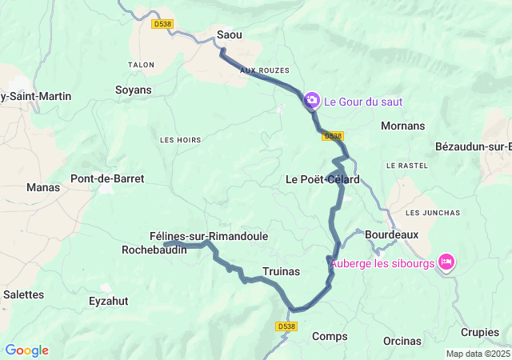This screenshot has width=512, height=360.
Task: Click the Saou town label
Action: click(230, 34)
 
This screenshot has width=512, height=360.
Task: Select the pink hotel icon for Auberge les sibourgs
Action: click(446, 261)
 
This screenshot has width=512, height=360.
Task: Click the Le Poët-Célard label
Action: click(322, 179)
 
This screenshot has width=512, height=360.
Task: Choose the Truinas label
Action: click(281, 271)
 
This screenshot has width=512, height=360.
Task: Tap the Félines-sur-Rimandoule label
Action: click(209, 236)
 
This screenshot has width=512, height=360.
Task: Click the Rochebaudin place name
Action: click(154, 250)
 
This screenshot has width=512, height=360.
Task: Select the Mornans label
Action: click(403, 126)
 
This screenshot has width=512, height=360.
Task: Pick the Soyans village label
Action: click(133, 90)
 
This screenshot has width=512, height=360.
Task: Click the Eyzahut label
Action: click(109, 301)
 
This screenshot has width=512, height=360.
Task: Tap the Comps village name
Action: click(330, 336)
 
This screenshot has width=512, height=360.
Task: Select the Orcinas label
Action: click(402, 341)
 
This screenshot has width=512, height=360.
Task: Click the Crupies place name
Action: click(480, 332)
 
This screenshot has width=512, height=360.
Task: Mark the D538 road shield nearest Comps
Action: click(286, 326)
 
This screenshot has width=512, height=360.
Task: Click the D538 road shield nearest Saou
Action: click(162, 24)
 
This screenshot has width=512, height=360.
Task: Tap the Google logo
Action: click(26, 350)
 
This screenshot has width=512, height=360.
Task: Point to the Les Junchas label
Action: click(433, 212)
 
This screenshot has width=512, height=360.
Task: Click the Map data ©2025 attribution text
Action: click(478, 354)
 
